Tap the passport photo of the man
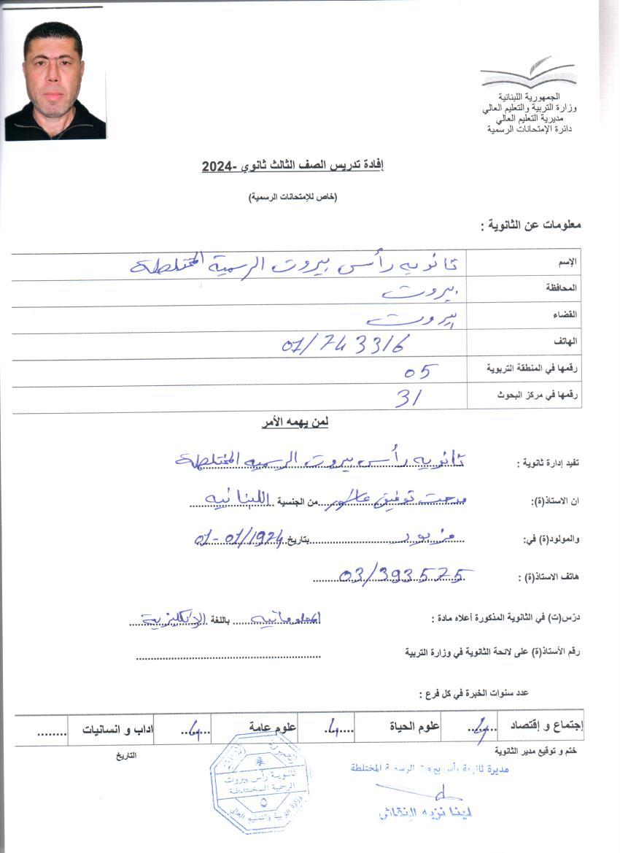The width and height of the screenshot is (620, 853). [x=55, y=81]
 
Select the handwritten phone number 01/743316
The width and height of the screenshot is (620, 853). [x=346, y=344]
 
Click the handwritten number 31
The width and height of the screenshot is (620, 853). [x=409, y=397]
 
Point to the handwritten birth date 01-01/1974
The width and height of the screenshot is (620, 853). [x=240, y=541]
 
